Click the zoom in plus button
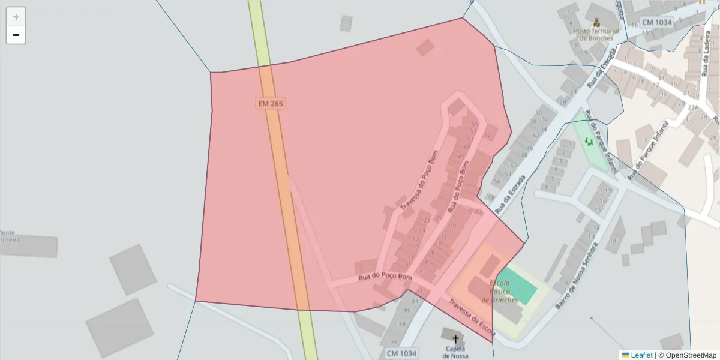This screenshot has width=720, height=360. [x=16, y=17]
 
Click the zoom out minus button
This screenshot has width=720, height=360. [x=16, y=35]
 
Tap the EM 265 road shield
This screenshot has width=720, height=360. [x=270, y=103]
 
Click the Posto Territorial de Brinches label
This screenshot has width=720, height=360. [x=593, y=34]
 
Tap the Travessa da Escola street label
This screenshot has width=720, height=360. [x=472, y=317]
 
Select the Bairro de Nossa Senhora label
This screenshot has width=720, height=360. [x=577, y=275]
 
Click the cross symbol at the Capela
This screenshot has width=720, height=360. [x=455, y=339]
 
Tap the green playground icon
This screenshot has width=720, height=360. [x=589, y=142]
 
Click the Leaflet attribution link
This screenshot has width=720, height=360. [x=641, y=355]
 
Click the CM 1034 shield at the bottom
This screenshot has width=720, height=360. [x=401, y=353]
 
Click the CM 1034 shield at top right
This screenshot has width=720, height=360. [x=656, y=22]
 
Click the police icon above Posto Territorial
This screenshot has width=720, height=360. [x=596, y=22]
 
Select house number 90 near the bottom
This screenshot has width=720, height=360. [x=394, y=341]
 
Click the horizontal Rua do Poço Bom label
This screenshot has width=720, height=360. [x=385, y=277]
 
